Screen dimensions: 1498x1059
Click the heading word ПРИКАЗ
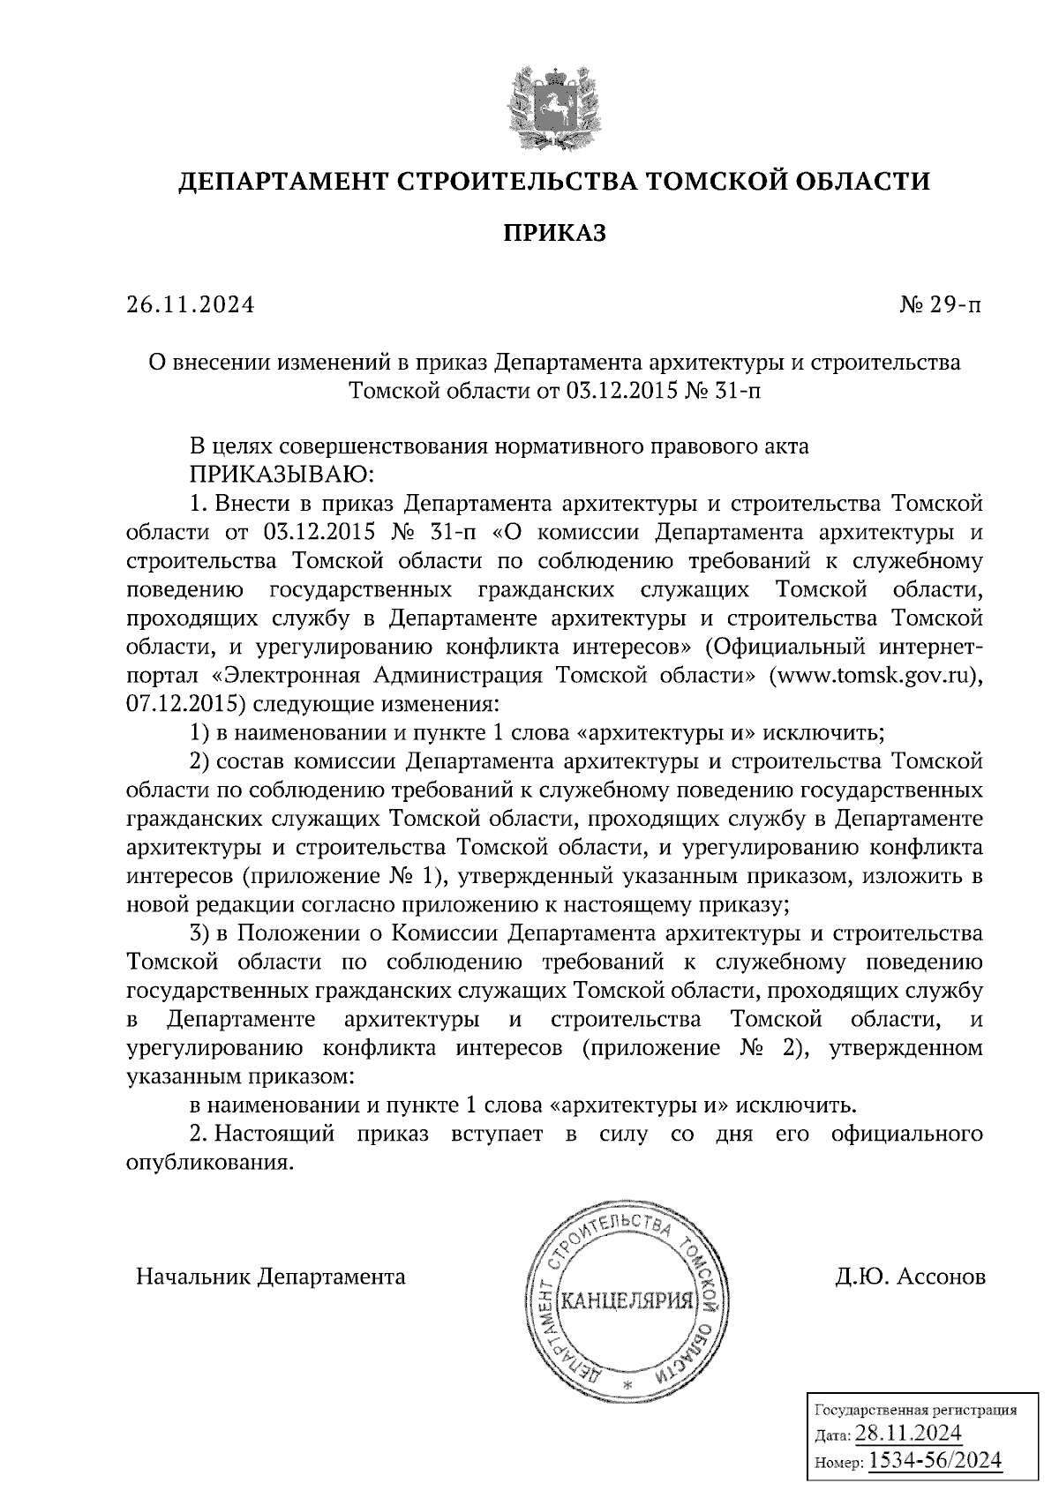pyautogui.click(x=554, y=233)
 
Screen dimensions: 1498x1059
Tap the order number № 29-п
pyautogui.click(x=939, y=305)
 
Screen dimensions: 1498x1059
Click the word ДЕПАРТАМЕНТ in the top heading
pyautogui.click(x=279, y=183)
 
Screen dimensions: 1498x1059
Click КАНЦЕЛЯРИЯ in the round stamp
pyautogui.click(x=626, y=1300)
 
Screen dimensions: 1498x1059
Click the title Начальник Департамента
pyautogui.click(x=270, y=1277)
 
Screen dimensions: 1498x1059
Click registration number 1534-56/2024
pyautogui.click(x=935, y=1460)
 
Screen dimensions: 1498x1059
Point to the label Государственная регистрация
pyautogui.click(x=913, y=1410)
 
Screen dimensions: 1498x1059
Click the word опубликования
pyautogui.click(x=208, y=1163)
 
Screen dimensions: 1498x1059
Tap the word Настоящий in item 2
pyautogui.click(x=274, y=1134)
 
